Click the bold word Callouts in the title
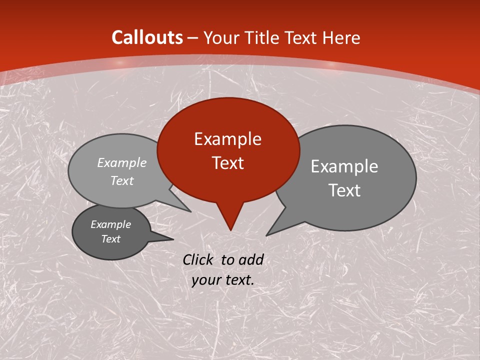[147, 37]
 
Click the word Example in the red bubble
[227, 139]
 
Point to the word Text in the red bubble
[228, 163]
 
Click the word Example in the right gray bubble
[344, 166]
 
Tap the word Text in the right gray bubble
[345, 190]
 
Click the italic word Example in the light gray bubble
[122, 162]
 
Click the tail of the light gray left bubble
[185, 207]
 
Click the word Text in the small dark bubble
[111, 239]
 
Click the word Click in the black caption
[199, 259]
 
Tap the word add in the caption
[251, 259]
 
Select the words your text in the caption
[223, 280]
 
